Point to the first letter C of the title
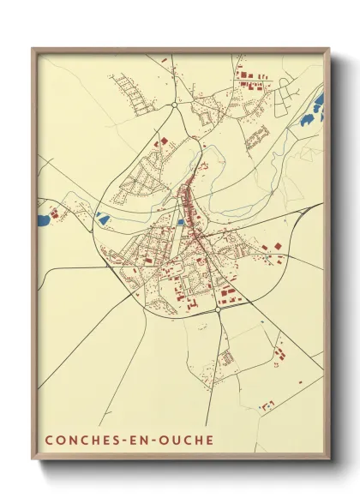(48, 440)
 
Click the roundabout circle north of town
(174, 105)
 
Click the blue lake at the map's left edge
(42, 220)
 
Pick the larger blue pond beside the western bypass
(103, 219)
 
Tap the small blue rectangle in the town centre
(181, 222)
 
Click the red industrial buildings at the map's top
(249, 81)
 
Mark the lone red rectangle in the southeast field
(267, 403)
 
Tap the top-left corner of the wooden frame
(33, 49)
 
